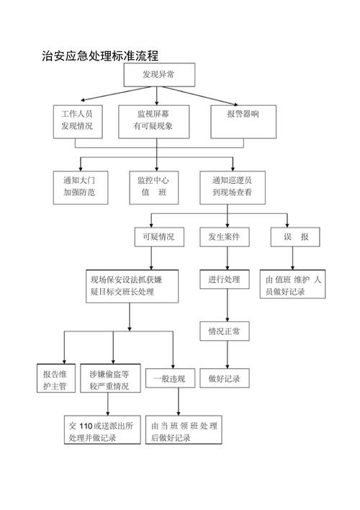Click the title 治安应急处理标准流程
click(100, 55)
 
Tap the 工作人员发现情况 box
click(77, 120)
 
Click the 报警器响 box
click(242, 115)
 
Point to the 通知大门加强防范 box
click(79, 186)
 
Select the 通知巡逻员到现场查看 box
click(232, 186)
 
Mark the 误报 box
click(295, 236)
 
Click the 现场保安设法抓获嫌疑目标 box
click(132, 285)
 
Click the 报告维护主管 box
click(54, 380)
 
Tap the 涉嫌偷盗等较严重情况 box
click(110, 380)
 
